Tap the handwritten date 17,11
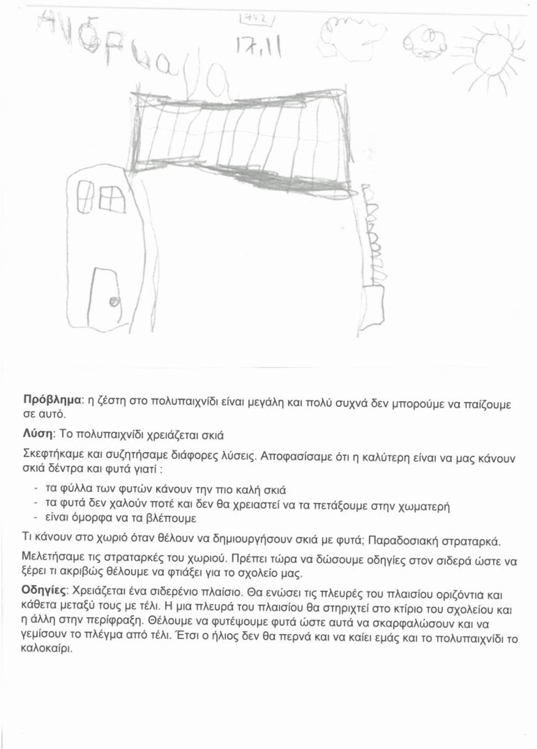pyautogui.click(x=255, y=46)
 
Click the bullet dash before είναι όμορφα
pyautogui.click(x=35, y=518)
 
